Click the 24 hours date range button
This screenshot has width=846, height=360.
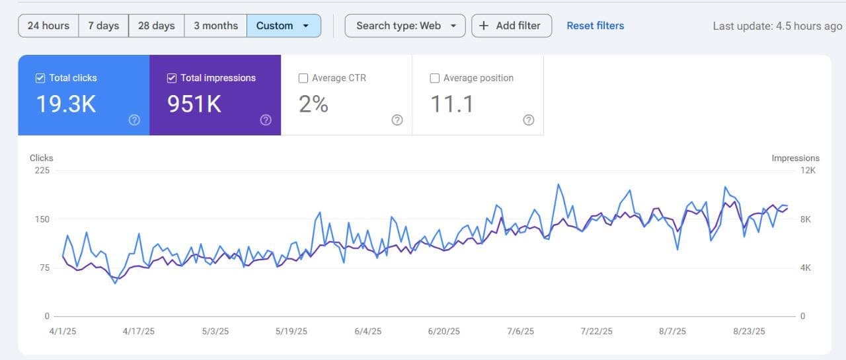point(48,26)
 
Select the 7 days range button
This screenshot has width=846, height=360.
point(104,26)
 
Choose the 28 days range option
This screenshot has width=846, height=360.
point(156,26)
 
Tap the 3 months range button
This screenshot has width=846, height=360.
point(215,26)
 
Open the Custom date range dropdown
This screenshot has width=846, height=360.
point(284,26)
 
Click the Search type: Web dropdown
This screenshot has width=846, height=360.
point(405,26)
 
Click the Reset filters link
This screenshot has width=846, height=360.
point(595,26)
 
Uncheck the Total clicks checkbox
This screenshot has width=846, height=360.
point(40,78)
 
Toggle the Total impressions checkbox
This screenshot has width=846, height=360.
point(172,78)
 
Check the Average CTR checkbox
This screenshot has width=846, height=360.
point(303,78)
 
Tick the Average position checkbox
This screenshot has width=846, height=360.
point(435,78)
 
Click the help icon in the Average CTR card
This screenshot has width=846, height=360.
point(397,120)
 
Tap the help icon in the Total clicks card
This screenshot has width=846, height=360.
point(134,120)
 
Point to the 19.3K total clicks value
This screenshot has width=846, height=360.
point(66,104)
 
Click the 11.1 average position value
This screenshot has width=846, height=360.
point(452,104)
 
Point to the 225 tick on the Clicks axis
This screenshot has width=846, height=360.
point(42,170)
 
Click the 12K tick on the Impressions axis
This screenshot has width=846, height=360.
point(807,170)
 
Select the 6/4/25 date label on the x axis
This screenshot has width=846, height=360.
point(367,332)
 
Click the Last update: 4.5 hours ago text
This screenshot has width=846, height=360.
point(777,26)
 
